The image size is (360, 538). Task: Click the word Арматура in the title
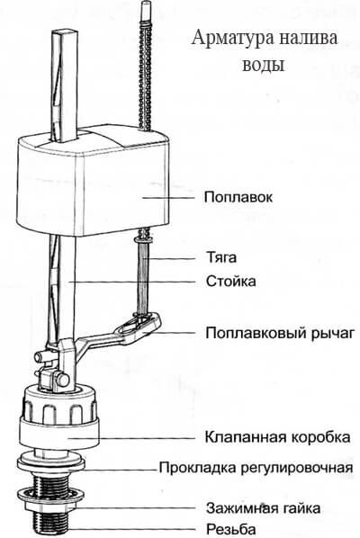(x=233, y=39)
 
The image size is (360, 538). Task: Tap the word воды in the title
(x=264, y=64)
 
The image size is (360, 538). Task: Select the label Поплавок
(x=238, y=197)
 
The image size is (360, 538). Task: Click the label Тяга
(x=221, y=257)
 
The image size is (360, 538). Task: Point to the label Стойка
(x=231, y=281)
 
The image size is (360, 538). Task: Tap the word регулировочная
(x=296, y=468)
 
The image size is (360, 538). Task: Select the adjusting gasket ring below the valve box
(x=50, y=465)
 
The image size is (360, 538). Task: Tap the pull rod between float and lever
(x=143, y=273)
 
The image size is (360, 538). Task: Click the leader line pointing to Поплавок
(x=168, y=198)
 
